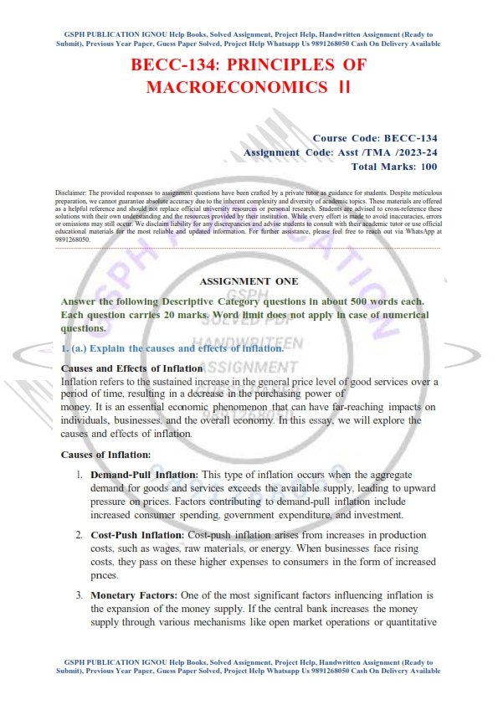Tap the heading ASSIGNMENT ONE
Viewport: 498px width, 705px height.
tap(249, 281)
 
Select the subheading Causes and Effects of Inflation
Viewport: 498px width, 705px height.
tap(132, 368)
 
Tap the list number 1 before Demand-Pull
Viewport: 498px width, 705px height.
tap(79, 475)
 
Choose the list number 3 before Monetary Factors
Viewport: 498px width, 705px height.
tap(79, 594)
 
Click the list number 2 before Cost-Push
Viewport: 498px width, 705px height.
tap(79, 534)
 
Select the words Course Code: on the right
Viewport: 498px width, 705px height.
tap(346, 138)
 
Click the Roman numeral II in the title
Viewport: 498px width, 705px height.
tap(342, 87)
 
